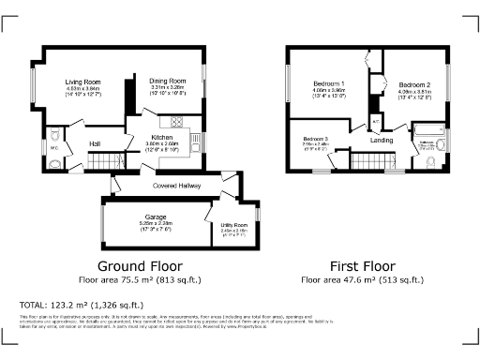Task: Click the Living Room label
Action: (83, 82)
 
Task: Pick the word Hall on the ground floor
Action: (95, 143)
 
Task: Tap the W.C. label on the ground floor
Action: (54, 147)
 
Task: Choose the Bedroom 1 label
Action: (329, 84)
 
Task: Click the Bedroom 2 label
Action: (413, 85)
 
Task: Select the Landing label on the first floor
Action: (382, 141)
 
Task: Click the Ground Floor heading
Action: (141, 265)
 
